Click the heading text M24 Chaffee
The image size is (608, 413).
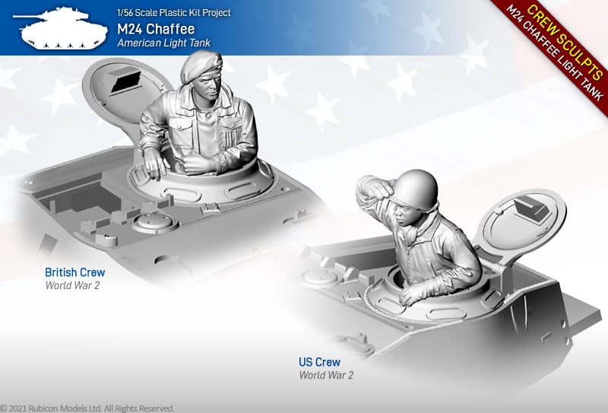(156, 29)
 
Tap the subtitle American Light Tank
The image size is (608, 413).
(163, 43)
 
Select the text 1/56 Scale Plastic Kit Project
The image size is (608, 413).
(174, 12)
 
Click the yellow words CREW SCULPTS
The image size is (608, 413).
(565, 42)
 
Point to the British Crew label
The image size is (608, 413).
(74, 272)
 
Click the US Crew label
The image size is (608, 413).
(319, 362)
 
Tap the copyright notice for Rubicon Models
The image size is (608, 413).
(87, 408)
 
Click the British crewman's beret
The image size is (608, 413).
(201, 67)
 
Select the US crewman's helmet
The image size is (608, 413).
(414, 189)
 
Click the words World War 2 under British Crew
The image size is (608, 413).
(72, 285)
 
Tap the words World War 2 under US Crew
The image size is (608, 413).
(326, 375)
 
